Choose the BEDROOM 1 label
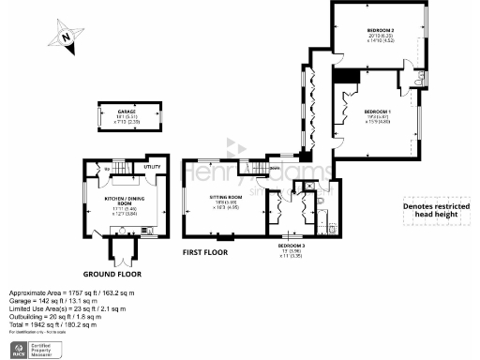point(378,112)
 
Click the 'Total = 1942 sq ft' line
point(55,324)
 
